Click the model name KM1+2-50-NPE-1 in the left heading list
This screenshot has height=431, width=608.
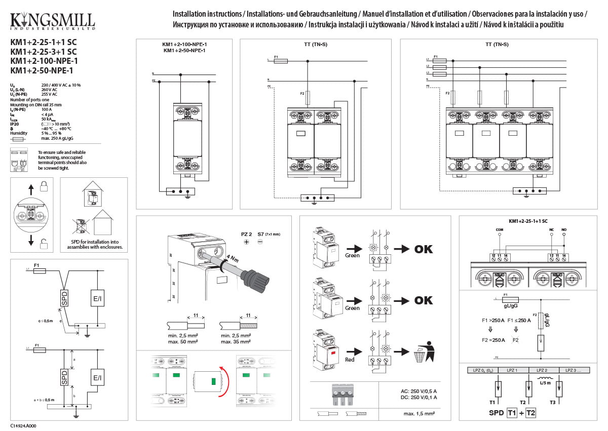[42, 70]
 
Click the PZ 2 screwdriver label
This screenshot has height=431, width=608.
[246, 235]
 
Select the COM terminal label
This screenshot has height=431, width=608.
[499, 229]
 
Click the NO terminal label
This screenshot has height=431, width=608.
[563, 229]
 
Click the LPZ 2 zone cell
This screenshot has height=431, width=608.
[543, 370]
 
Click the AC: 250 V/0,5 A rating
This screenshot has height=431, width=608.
[415, 390]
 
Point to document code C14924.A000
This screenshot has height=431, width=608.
[23, 426]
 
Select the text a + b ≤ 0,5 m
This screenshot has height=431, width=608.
[45, 400]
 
